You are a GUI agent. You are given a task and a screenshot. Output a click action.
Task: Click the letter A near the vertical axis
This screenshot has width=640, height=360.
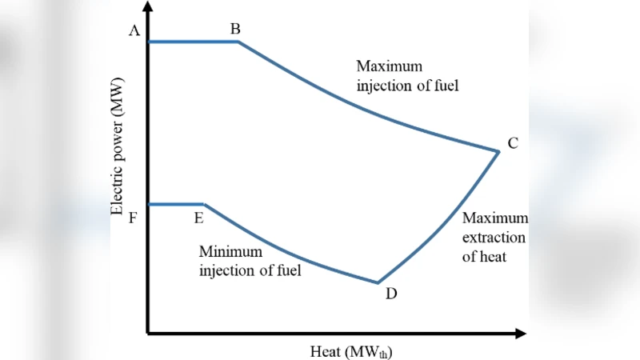click(134, 30)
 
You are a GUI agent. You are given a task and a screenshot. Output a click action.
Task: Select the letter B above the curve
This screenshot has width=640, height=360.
click(235, 29)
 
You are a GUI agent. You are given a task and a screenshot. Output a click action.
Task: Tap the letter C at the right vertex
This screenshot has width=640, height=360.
click(513, 143)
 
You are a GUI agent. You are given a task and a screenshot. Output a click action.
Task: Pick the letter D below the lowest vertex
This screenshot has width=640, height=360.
click(390, 294)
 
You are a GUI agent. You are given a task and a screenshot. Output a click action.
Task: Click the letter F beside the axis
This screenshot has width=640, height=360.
click(134, 217)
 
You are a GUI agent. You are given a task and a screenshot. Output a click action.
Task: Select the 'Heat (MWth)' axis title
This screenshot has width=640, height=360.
click(351, 350)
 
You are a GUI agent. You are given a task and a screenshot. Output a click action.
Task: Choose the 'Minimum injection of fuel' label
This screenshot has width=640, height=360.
click(250, 260)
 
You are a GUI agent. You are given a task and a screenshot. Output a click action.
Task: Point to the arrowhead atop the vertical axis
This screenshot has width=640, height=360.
click(149, 10)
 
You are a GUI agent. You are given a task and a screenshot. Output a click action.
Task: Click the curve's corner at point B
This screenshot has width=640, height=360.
click(238, 42)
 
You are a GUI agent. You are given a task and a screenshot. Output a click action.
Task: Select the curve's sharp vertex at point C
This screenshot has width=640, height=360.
click(499, 150)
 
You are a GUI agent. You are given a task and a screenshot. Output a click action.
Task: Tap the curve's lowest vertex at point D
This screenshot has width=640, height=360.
click(378, 282)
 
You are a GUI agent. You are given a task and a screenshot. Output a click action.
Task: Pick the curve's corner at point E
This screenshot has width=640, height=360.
click(205, 205)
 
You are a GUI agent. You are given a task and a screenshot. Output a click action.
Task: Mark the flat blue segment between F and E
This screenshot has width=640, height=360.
click(177, 205)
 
